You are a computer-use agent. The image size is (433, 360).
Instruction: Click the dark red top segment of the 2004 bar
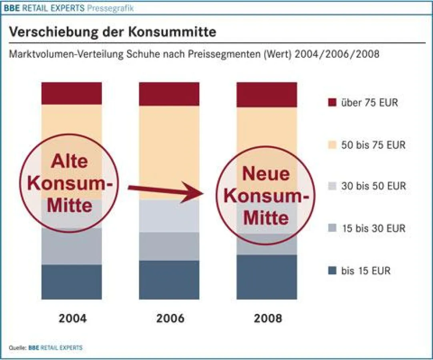72,93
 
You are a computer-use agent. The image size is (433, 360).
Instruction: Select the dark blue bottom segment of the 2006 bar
169,280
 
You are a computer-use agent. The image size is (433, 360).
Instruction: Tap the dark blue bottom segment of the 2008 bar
267,277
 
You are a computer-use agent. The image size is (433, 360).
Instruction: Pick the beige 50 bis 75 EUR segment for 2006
169,152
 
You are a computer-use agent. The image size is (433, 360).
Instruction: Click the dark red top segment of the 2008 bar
267,94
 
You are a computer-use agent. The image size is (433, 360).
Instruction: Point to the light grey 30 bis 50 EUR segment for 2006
169,216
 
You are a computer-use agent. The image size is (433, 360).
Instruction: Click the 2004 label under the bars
72,318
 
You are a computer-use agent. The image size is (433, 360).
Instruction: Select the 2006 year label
170,318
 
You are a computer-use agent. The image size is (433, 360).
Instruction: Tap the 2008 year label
268,318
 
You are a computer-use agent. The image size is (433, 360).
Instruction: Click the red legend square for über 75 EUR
332,103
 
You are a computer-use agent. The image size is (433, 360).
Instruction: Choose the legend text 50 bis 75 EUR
373,145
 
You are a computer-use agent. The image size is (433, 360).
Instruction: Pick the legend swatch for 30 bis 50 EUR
332,186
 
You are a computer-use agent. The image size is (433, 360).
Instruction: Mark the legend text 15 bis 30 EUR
373,229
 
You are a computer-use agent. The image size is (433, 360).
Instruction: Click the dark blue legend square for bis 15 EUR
332,271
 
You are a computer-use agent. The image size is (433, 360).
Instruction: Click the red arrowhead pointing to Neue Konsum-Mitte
196,192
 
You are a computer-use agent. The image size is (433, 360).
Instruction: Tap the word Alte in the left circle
69,162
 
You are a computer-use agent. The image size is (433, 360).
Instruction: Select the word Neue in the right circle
266,174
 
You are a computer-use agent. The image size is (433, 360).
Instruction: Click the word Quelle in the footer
17,348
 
